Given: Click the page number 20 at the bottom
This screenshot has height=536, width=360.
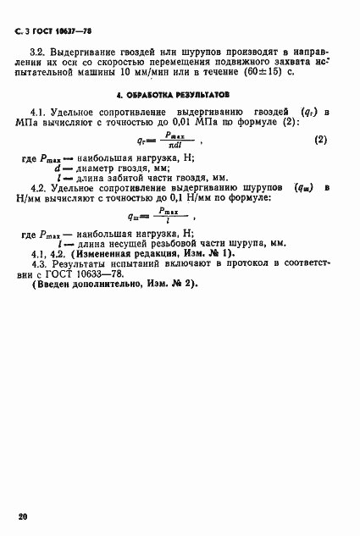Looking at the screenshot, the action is click(22, 516).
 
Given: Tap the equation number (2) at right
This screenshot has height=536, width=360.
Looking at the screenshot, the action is click(321, 139).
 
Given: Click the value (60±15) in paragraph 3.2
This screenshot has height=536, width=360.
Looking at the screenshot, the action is click(273, 74).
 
